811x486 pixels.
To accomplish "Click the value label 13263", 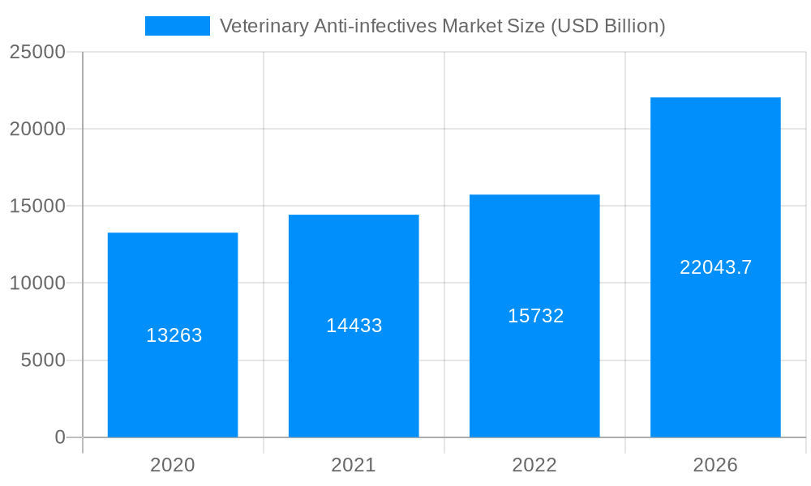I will click(x=174, y=335).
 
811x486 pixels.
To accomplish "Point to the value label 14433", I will click(x=354, y=326).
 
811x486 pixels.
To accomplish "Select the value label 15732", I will click(x=535, y=316).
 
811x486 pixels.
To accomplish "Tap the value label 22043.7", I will click(x=715, y=267).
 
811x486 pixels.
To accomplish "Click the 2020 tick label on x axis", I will click(x=173, y=465).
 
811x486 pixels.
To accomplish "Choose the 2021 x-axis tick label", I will click(x=354, y=465).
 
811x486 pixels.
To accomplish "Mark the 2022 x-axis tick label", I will click(x=534, y=465).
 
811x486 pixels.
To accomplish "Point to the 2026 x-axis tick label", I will click(x=715, y=465).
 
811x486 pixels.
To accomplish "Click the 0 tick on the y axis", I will click(x=60, y=437).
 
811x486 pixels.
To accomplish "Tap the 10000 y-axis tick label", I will click(x=37, y=283).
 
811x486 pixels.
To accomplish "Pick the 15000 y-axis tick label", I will click(x=37, y=207).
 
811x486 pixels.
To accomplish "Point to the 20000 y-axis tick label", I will click(x=37, y=129).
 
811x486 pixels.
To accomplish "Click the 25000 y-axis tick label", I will click(x=37, y=52).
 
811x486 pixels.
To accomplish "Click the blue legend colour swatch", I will click(x=177, y=26).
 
